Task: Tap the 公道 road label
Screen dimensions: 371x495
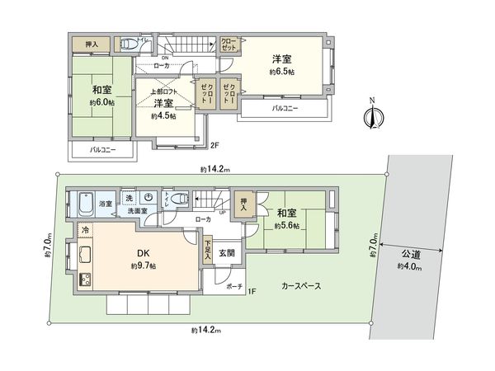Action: pyautogui.click(x=411, y=255)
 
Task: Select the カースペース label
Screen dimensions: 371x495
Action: pyautogui.click(x=300, y=285)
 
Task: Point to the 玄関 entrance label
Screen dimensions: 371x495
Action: pyautogui.click(x=226, y=253)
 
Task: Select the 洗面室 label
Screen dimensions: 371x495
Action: pyautogui.click(x=137, y=212)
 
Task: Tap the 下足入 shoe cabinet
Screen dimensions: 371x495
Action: pyautogui.click(x=206, y=251)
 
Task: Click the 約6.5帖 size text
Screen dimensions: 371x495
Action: pyautogui.click(x=281, y=72)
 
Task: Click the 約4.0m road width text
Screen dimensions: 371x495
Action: pyautogui.click(x=410, y=266)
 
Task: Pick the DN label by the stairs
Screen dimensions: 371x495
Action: pyautogui.click(x=141, y=57)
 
